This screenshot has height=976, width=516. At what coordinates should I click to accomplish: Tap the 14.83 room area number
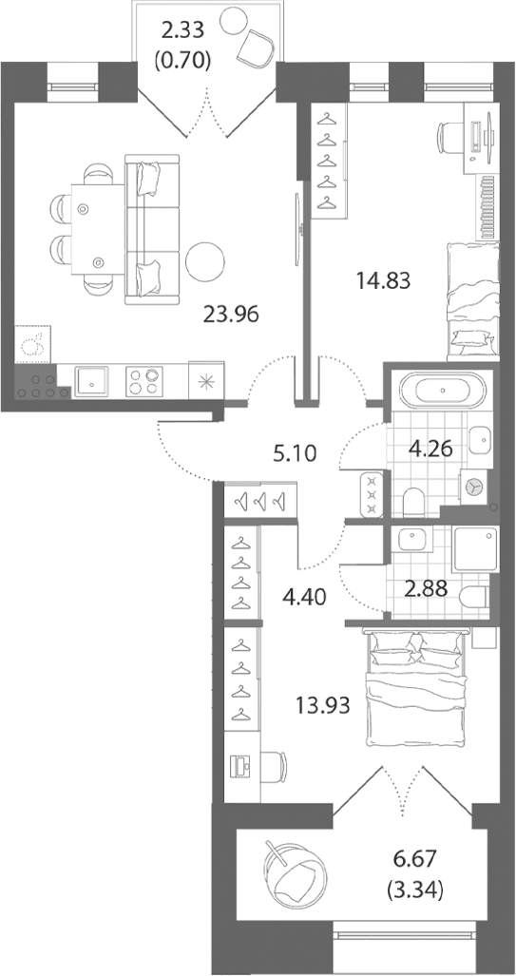point(383,282)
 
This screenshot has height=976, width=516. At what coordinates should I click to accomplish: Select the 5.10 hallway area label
point(296,452)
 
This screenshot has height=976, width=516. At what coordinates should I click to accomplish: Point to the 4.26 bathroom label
point(430,448)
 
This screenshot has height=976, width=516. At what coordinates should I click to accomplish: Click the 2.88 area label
point(425,588)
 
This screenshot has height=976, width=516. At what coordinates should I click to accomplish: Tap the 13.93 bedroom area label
point(321,706)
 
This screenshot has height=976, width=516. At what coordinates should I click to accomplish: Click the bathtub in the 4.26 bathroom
point(441,391)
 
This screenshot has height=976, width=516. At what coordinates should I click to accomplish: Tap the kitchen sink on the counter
point(91,381)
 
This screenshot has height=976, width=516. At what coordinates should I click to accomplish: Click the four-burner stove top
point(143,381)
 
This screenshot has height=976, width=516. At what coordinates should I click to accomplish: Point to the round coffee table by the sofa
point(206,261)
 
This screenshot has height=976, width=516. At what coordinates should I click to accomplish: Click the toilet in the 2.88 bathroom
point(472,598)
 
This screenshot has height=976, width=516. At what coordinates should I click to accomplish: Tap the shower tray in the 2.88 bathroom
point(475,549)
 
